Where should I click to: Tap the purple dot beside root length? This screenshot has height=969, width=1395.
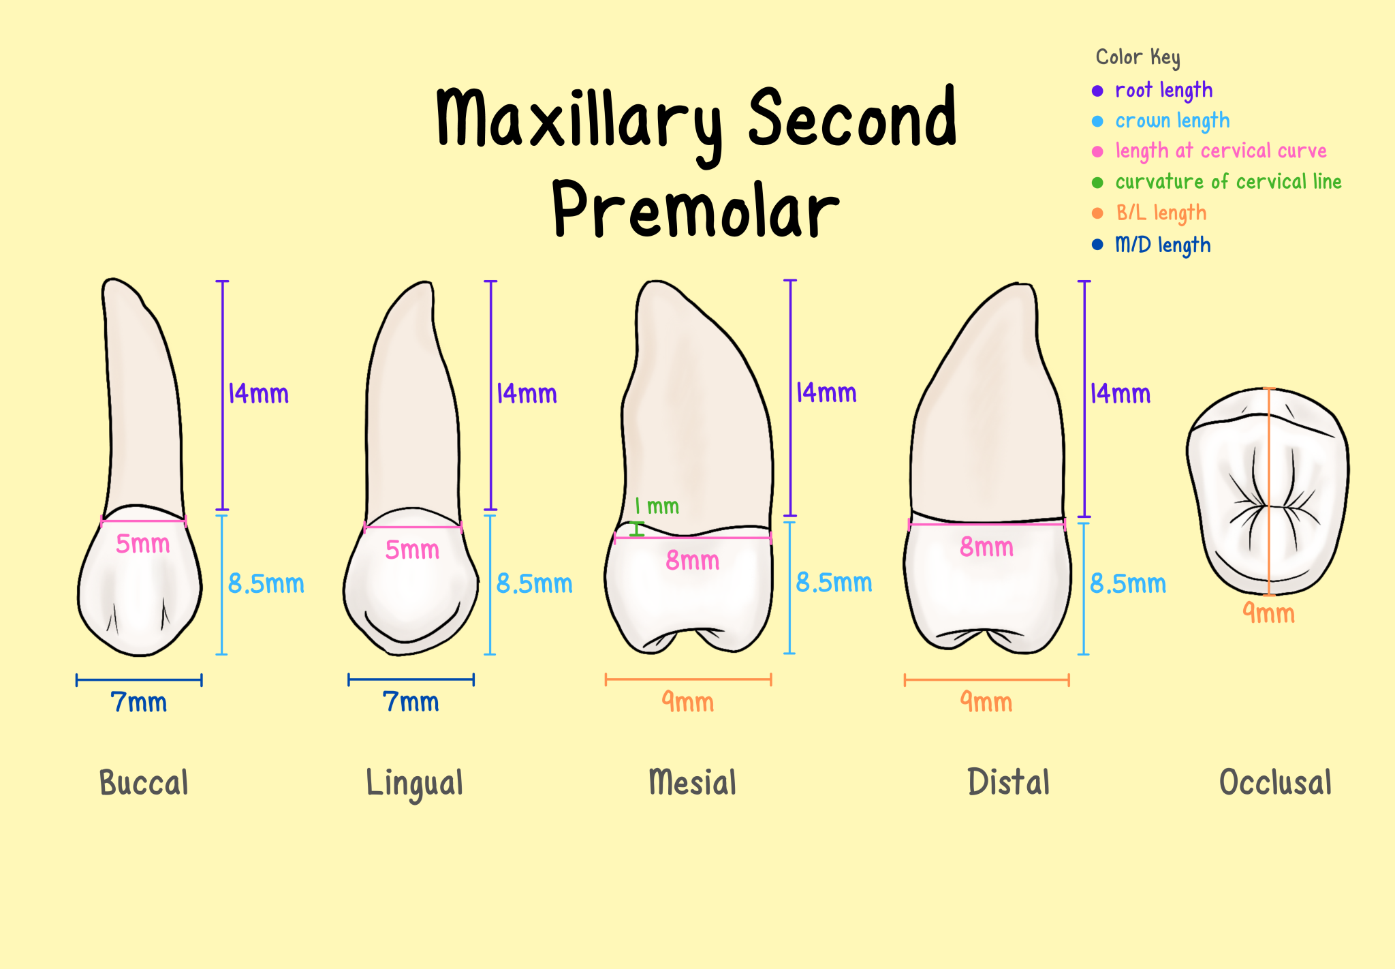(1097, 91)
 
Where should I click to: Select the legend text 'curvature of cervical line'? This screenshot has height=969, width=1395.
(1228, 182)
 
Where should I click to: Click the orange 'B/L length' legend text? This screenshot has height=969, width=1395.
(1161, 213)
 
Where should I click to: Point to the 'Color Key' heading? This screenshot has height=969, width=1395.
(1138, 57)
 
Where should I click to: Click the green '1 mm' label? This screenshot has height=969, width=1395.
(657, 506)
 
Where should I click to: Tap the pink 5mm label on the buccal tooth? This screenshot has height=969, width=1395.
(142, 544)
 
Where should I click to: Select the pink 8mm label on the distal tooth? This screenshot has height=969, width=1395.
(986, 547)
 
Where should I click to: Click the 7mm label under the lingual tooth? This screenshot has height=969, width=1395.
(411, 702)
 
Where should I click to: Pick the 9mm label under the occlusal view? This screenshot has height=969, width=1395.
(1268, 613)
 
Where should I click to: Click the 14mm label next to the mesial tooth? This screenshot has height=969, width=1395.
(826, 393)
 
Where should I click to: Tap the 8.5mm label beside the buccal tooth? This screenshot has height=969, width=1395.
(266, 584)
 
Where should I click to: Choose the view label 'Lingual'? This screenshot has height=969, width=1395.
(414, 783)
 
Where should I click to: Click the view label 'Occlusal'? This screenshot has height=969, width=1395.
(1275, 783)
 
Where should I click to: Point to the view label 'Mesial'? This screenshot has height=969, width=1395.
(692, 782)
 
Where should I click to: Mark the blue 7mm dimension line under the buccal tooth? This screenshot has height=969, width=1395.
(139, 679)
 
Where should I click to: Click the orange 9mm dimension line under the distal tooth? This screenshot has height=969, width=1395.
(986, 679)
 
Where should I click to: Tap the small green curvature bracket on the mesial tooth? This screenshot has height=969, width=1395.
(637, 529)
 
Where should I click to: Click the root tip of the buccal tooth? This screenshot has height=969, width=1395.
(114, 281)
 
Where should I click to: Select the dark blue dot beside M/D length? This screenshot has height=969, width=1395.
(1097, 245)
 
